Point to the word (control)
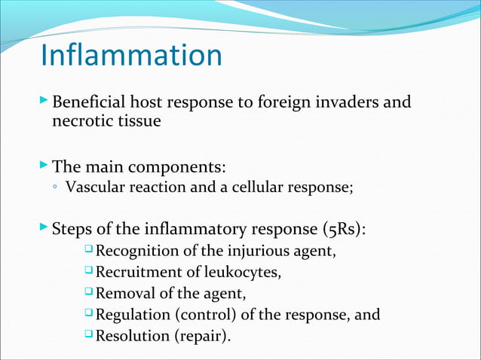tap(204, 314)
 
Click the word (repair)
tap(202, 335)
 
